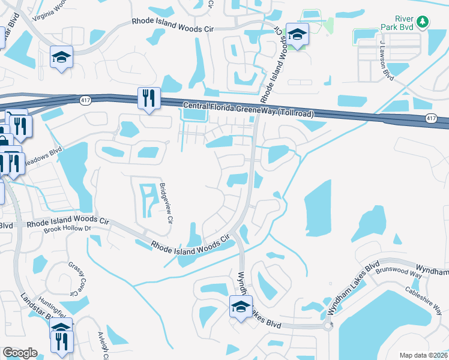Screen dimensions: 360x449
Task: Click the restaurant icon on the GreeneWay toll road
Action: tap(149, 98)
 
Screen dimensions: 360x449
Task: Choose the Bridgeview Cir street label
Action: tap(166, 203)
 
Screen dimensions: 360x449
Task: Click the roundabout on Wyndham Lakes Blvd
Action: tap(328, 326)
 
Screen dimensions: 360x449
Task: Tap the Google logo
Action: tap(20, 352)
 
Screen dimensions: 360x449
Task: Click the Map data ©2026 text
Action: tap(423, 355)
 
